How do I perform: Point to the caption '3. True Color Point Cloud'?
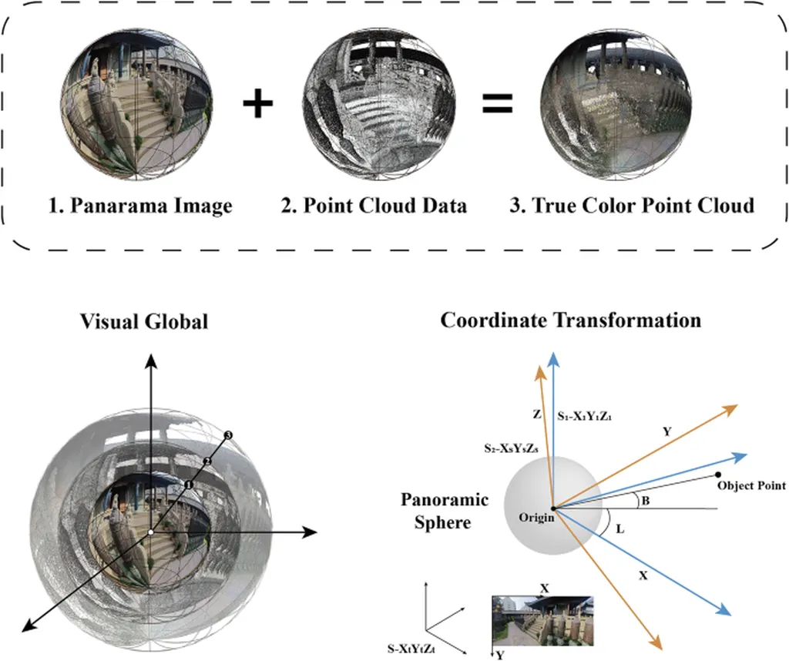[632, 206]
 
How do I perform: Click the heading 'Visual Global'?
[144, 321]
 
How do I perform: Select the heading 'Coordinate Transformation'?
[571, 320]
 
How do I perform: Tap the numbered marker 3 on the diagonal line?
[228, 437]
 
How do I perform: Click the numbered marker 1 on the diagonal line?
[187, 485]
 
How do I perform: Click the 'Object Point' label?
[751, 486]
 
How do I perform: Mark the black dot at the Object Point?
[718, 474]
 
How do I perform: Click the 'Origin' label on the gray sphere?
[536, 517]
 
